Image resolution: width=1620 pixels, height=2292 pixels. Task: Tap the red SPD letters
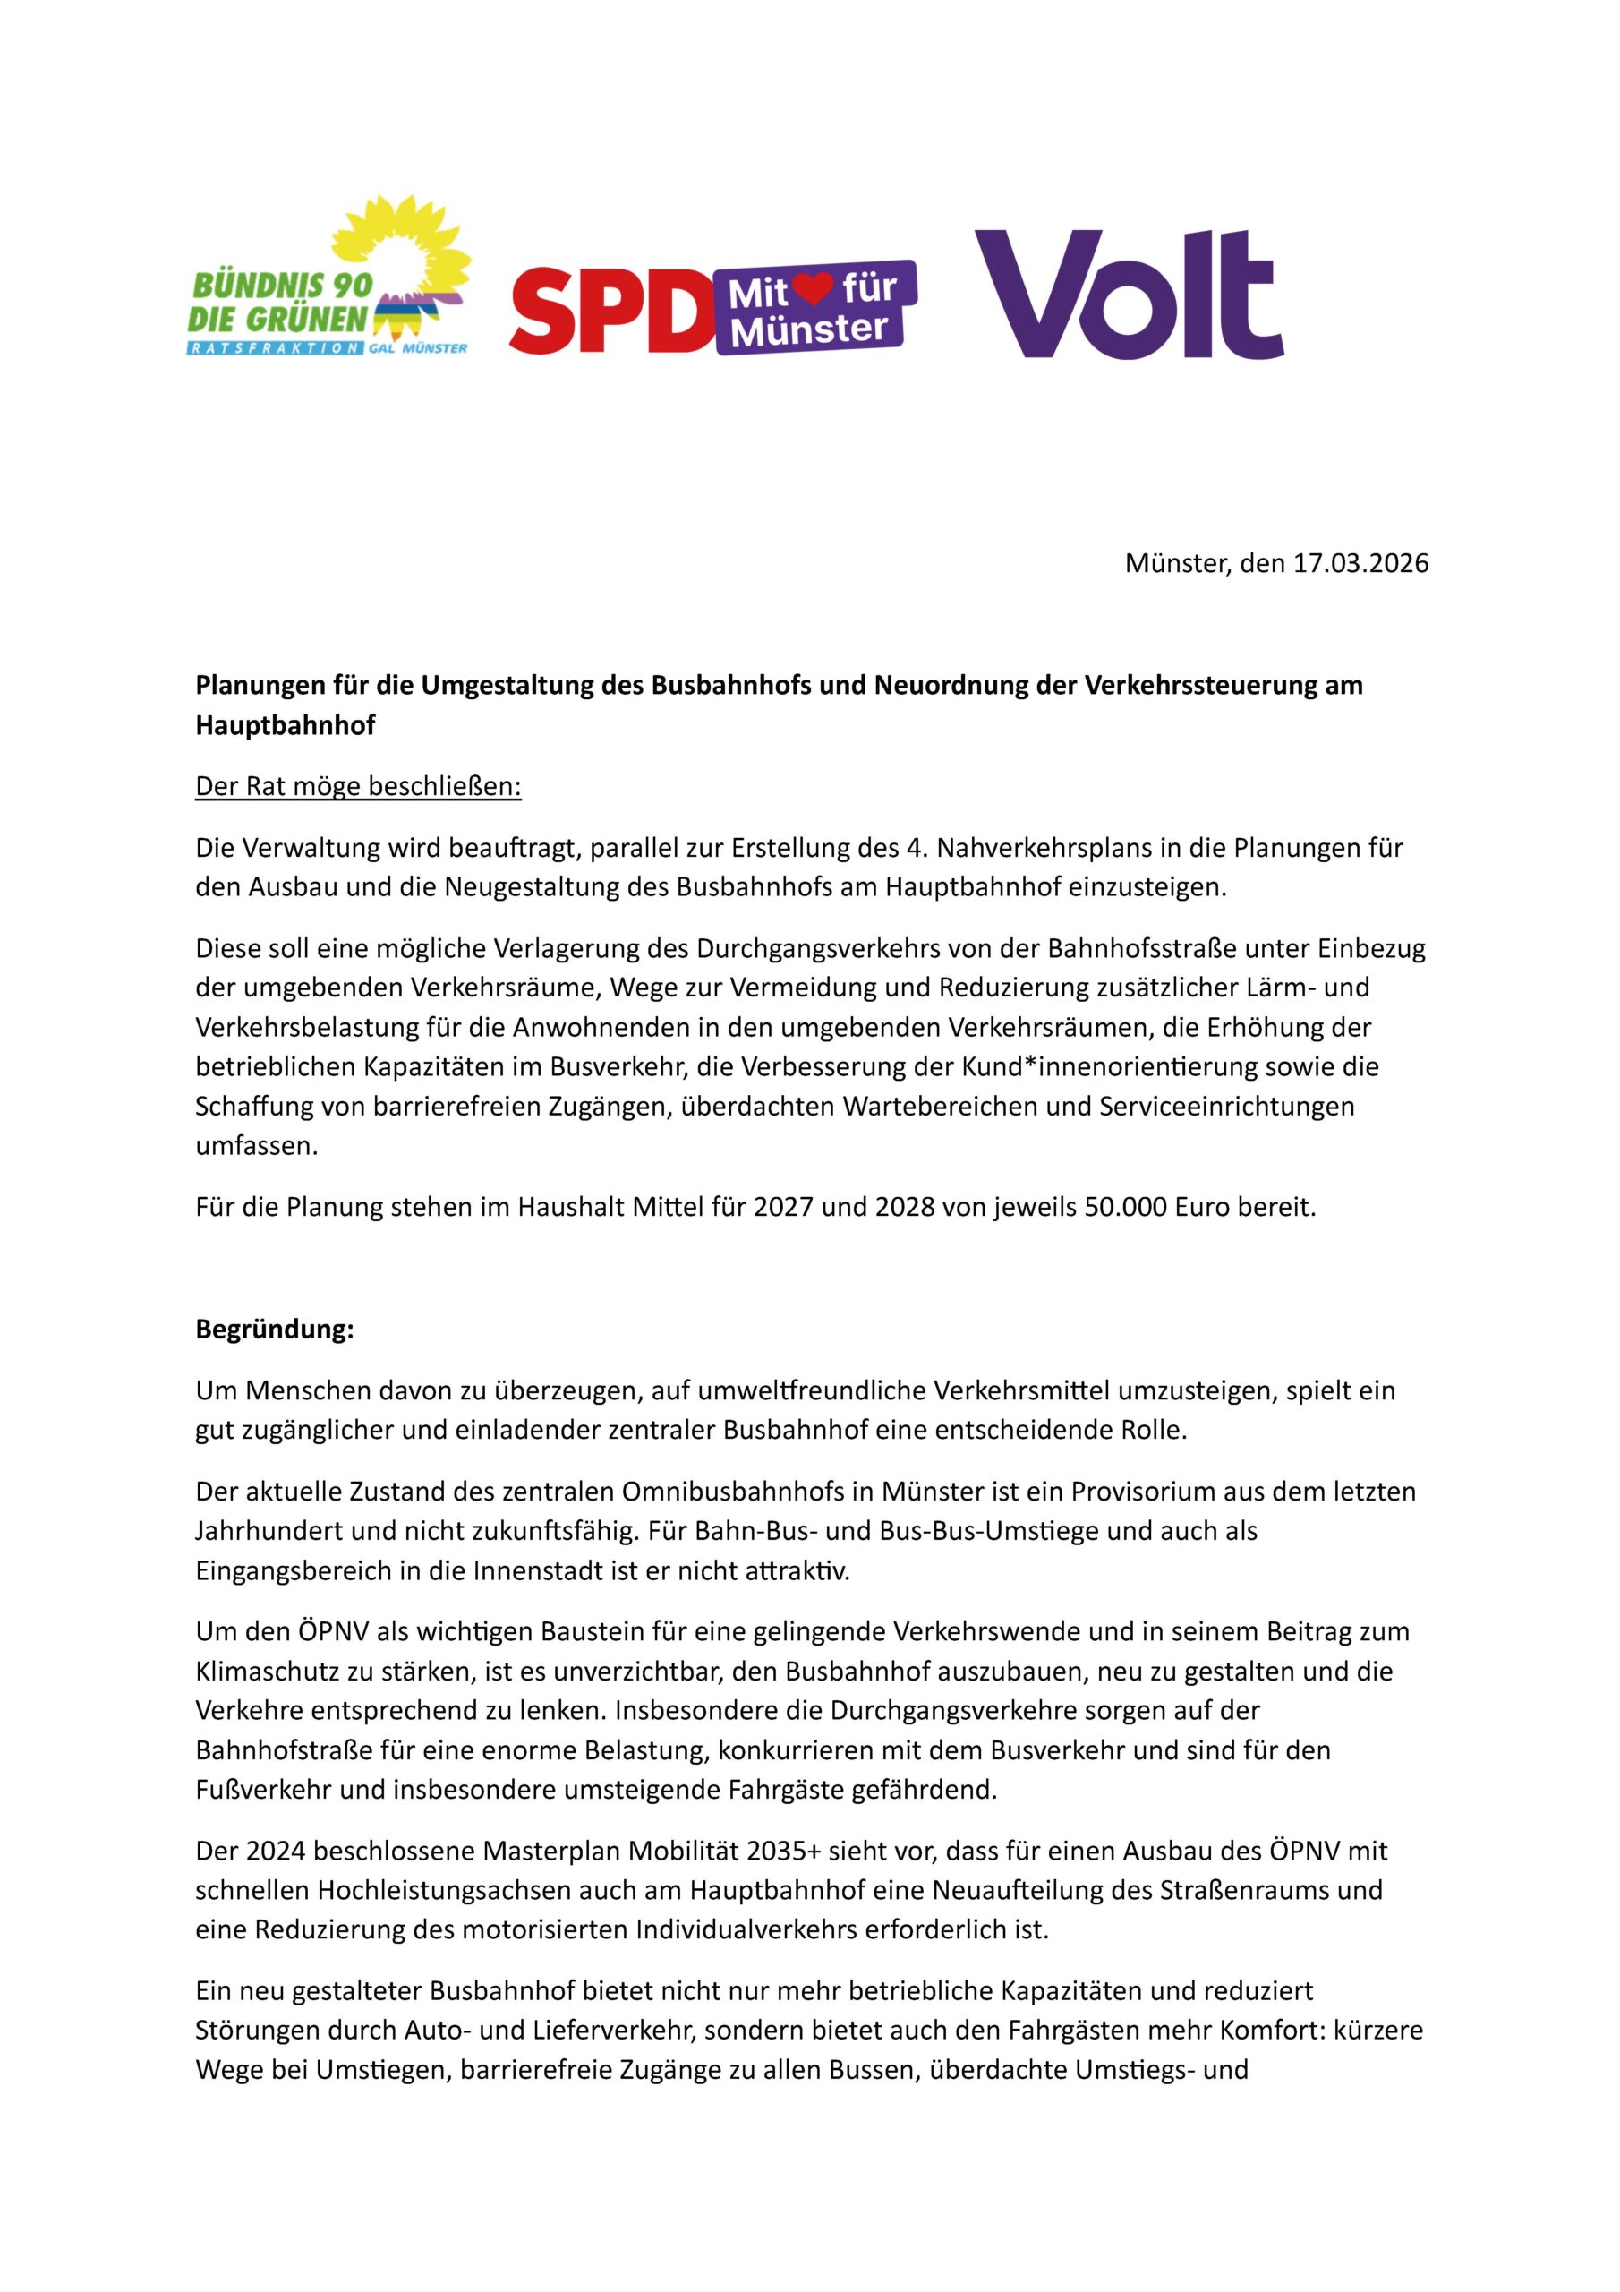coord(610,311)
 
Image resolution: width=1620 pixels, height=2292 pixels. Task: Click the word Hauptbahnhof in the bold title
coord(286,726)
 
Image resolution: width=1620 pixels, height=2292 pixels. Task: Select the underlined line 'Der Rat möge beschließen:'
coord(358,787)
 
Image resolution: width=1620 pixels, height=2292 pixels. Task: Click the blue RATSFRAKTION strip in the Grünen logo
coord(275,348)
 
